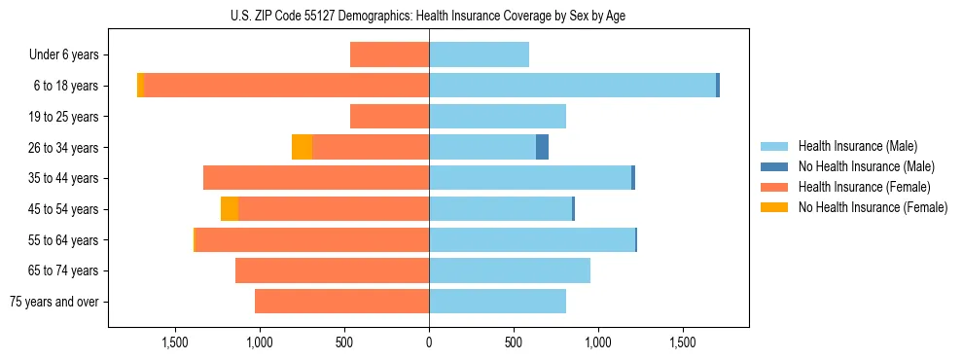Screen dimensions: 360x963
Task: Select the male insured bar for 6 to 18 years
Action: [x=572, y=86]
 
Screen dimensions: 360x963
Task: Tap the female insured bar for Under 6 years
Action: [x=389, y=54]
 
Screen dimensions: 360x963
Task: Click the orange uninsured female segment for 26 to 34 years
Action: [x=302, y=147]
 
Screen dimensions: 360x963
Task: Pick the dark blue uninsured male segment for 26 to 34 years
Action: [x=542, y=147]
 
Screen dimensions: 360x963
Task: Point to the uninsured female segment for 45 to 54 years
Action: [x=230, y=209]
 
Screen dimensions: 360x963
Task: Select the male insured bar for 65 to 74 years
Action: [x=510, y=270]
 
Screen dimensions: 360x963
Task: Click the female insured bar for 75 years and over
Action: [x=341, y=302]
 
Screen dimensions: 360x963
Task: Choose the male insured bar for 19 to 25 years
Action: [x=497, y=117]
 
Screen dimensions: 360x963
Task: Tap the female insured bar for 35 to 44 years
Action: [x=316, y=178]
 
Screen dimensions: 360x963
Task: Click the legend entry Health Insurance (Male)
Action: [x=857, y=146]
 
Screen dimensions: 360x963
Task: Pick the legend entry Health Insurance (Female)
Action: [x=864, y=187]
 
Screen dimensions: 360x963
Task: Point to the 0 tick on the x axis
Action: [x=429, y=342]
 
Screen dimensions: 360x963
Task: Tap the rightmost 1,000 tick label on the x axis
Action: [x=597, y=342]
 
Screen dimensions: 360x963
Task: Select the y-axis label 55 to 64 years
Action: [x=64, y=240]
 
